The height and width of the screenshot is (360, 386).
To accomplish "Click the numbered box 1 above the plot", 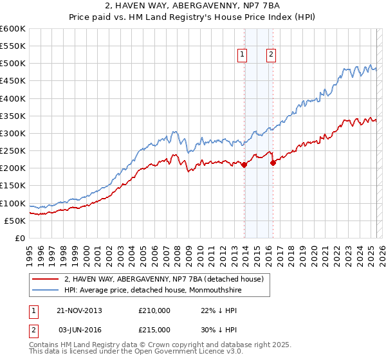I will pyautogui.click(x=243, y=55).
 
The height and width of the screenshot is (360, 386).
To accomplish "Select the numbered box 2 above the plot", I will pyautogui.click(x=271, y=55).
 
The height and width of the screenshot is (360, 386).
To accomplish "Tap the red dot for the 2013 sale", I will pyautogui.click(x=244, y=165).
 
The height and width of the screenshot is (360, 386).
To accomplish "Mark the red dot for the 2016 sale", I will pyautogui.click(x=273, y=163).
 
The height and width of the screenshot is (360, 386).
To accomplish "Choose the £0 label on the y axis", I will pyautogui.click(x=19, y=238).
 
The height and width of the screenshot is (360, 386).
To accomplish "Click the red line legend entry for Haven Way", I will pyautogui.click(x=164, y=279).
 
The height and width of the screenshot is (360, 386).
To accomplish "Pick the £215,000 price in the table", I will pyautogui.click(x=154, y=332).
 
